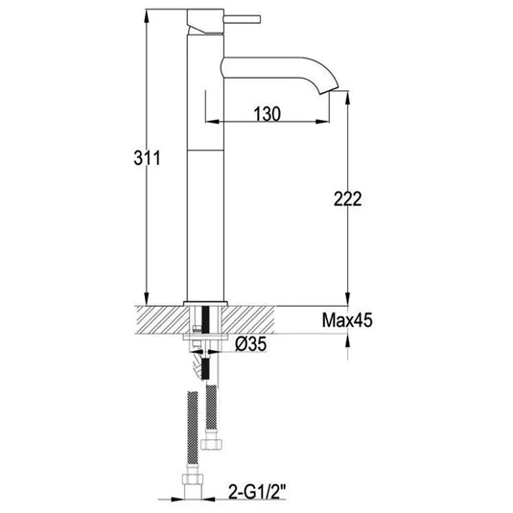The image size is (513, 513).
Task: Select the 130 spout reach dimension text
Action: pos(267,114)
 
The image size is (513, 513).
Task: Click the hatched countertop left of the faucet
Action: pos(158,319)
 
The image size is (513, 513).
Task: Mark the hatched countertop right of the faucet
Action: pos(273,319)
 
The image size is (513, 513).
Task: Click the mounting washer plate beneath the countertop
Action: pos(205,337)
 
